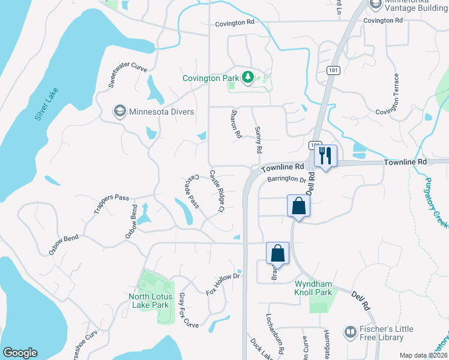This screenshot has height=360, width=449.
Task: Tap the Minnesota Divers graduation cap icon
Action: click(119, 112)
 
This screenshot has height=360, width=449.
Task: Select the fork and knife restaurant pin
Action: click(325, 156)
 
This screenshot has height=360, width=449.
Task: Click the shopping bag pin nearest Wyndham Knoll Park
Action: click(278, 253)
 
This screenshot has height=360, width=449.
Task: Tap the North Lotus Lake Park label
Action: click(151, 301)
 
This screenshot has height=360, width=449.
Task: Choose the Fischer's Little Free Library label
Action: click(383, 333)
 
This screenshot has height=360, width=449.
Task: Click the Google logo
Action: click(20, 353)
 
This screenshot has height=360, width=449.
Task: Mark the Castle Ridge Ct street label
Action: click(216, 191)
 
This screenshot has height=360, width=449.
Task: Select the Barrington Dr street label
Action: click(286, 179)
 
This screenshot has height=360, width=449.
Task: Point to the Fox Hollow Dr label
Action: click(223, 284)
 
